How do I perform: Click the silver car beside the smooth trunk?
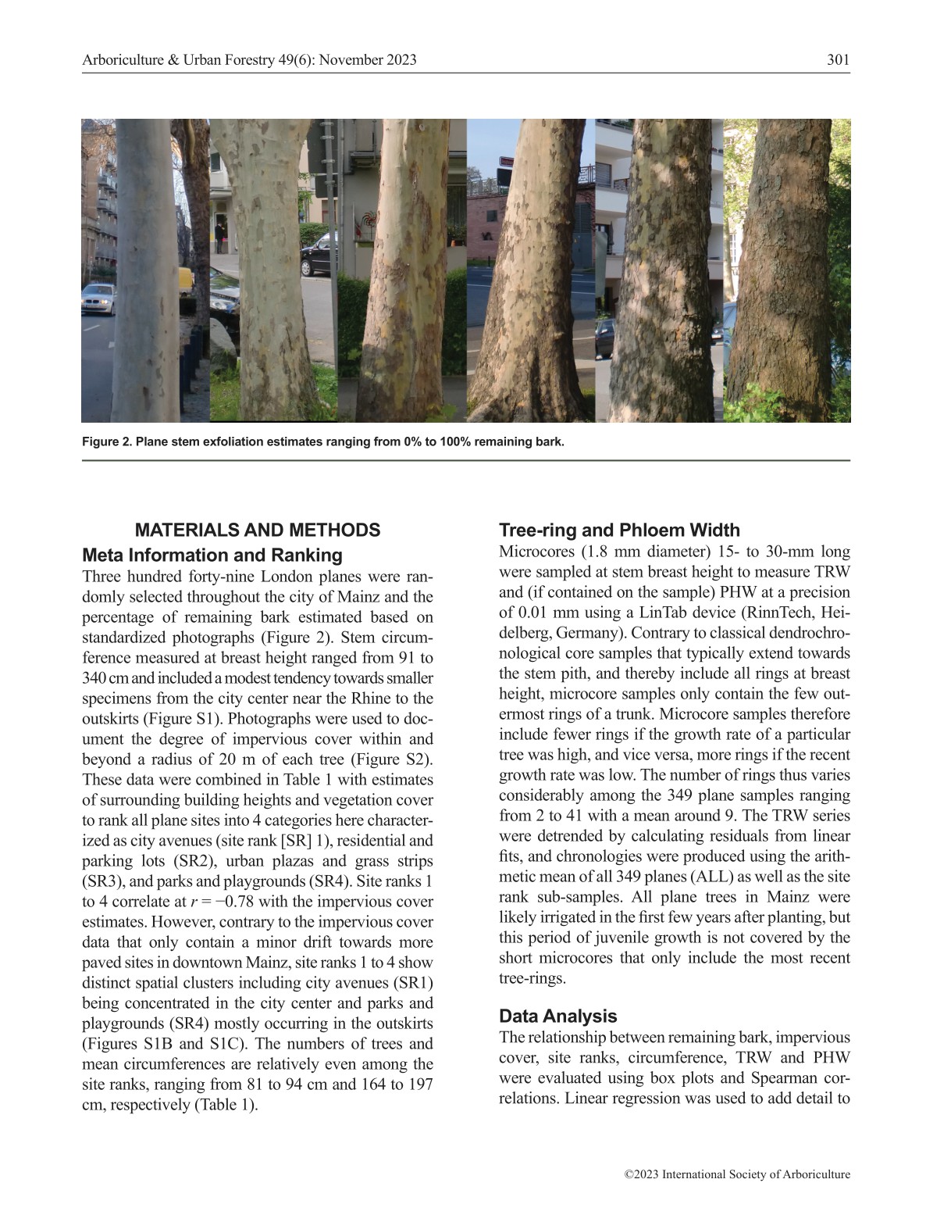click(98, 298)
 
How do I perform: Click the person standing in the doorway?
click(220, 234)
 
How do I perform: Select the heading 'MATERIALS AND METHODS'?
click(258, 531)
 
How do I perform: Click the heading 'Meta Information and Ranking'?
click(212, 556)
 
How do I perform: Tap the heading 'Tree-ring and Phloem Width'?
click(619, 531)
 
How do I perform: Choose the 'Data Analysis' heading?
click(557, 1017)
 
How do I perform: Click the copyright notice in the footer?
click(737, 1174)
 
